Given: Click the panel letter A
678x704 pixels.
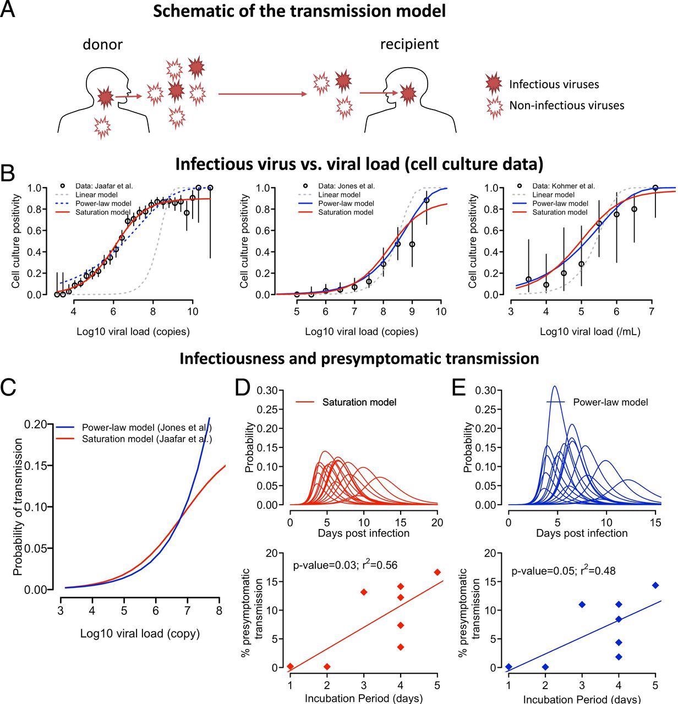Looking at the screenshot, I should tap(8, 11).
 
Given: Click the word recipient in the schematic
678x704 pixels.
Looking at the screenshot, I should tap(409, 43).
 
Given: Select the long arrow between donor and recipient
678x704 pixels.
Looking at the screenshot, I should tap(262, 94).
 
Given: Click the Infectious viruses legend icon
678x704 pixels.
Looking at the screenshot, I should tap(494, 84).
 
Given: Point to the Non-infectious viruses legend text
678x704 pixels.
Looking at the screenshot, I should tap(566, 105).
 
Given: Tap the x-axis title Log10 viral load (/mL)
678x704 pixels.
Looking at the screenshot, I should tap(589, 332).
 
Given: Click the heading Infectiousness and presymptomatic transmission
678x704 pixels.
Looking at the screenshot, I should tap(359, 359).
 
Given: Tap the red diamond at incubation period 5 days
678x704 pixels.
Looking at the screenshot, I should tap(438, 572).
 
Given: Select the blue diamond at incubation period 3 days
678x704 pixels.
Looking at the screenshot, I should tap(582, 604).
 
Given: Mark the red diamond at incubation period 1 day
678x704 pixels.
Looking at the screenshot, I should tap(290, 667).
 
